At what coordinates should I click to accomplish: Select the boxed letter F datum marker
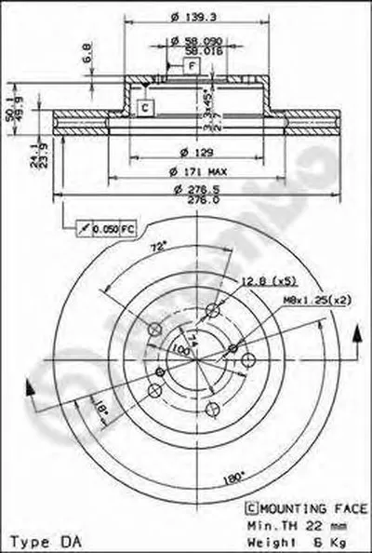click(189, 66)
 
